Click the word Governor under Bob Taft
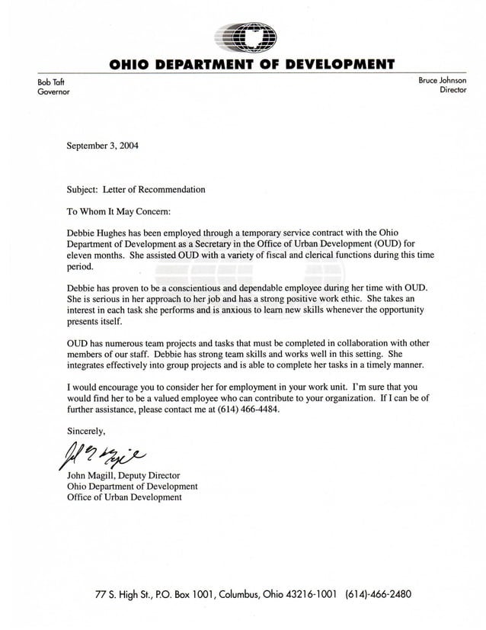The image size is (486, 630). (x=53, y=91)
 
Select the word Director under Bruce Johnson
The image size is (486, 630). (x=453, y=90)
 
